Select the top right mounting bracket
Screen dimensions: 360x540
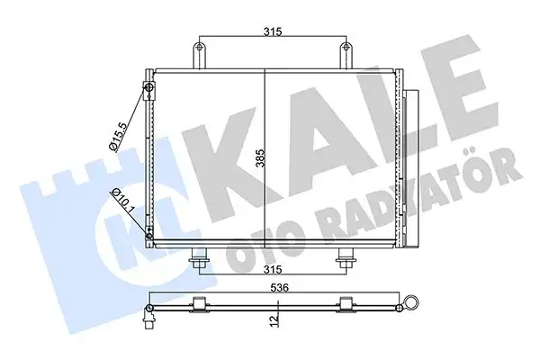344,53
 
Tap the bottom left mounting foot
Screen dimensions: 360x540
198,260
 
